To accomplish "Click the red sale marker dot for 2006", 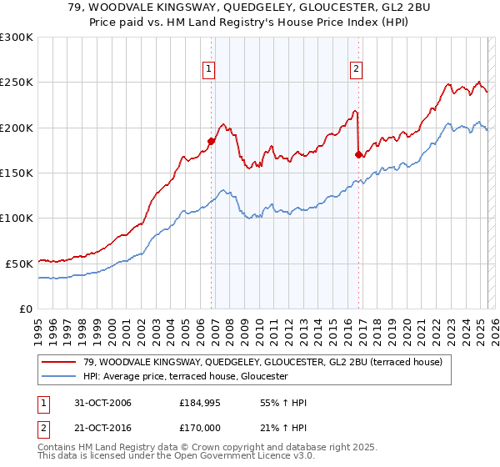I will (211, 141).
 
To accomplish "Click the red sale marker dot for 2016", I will (358, 154).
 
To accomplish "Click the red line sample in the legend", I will (59, 362).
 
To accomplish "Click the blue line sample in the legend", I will (59, 376).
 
